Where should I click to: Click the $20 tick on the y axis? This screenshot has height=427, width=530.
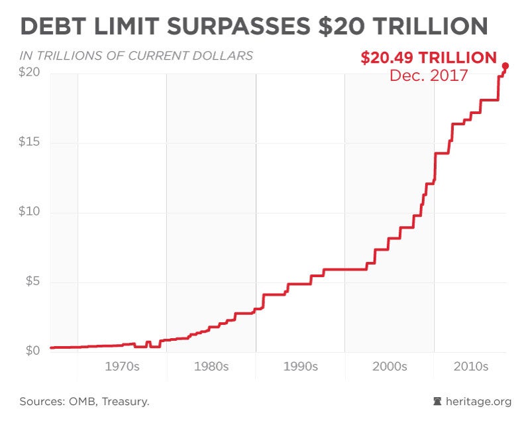click(x=30, y=72)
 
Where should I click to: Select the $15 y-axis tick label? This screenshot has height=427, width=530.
click(x=30, y=143)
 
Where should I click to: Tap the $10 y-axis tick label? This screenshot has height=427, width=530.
click(x=30, y=212)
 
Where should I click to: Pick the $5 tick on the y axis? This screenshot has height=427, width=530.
click(x=32, y=282)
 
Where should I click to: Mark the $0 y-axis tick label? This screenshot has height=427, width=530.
click(x=32, y=351)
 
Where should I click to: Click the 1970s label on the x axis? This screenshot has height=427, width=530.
click(x=121, y=367)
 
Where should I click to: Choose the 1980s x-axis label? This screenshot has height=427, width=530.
click(x=211, y=367)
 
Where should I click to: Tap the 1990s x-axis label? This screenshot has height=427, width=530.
click(x=300, y=367)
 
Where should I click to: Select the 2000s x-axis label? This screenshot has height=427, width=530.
click(x=390, y=367)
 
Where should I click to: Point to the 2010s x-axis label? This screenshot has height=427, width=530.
click(x=470, y=367)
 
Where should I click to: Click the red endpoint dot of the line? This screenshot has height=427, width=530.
click(x=505, y=66)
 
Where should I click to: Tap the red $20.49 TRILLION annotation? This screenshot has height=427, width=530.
click(x=429, y=58)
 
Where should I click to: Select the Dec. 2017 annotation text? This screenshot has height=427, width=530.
click(x=429, y=75)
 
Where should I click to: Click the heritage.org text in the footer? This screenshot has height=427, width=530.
click(x=478, y=401)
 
